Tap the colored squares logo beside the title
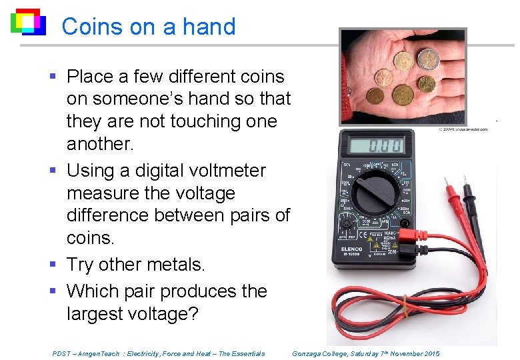[x=27, y=22]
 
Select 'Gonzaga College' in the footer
[x=320, y=353]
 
